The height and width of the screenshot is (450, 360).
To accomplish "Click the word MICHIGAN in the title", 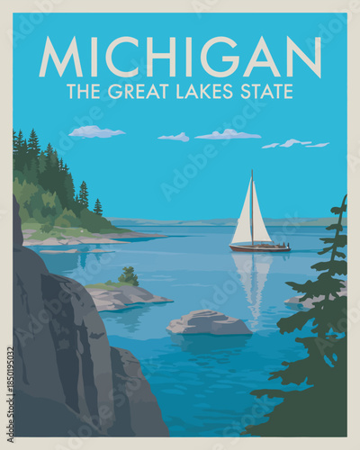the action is (x=180, y=57).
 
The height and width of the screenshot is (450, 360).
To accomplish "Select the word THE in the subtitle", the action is (x=84, y=91).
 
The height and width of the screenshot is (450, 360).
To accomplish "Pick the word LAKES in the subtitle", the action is (x=200, y=91).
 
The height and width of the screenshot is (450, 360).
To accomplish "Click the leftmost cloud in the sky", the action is (x=95, y=132).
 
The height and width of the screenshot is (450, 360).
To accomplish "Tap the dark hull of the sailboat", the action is (x=259, y=247).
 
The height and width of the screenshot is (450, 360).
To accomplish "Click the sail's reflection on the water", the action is (x=252, y=279).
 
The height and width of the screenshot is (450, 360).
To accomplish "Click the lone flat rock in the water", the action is (x=209, y=323).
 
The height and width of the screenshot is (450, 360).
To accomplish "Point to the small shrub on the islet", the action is (x=129, y=276).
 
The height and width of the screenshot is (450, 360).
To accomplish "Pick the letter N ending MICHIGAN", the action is (x=304, y=57).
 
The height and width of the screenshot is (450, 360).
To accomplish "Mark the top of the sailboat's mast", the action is (x=252, y=171).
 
